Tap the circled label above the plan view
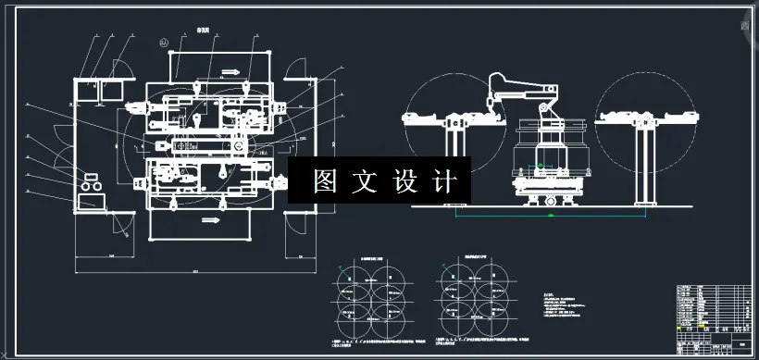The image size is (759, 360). click(165, 42)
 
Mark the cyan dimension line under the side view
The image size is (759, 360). click(551, 216)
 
